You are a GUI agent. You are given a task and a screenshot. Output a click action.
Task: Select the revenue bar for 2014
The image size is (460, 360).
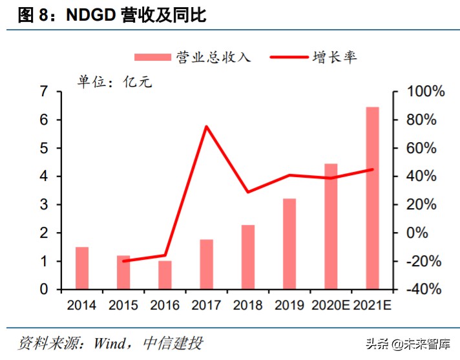click(82, 268)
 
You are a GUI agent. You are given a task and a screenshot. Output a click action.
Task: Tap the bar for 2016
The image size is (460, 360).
click(165, 275)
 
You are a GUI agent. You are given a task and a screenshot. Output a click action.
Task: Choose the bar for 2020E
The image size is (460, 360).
click(331, 226)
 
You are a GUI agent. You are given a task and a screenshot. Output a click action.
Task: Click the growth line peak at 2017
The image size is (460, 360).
click(206, 126)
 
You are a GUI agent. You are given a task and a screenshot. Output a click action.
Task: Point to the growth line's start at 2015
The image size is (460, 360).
click(123, 260)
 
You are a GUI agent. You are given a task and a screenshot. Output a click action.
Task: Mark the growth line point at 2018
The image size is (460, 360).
click(247, 192)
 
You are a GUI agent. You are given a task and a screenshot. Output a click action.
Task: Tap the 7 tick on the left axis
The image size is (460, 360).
click(44, 92)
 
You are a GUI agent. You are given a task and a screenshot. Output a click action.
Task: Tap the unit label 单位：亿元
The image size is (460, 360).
click(115, 83)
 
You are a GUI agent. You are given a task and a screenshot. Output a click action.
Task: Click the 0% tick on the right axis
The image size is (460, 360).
click(426, 233)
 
